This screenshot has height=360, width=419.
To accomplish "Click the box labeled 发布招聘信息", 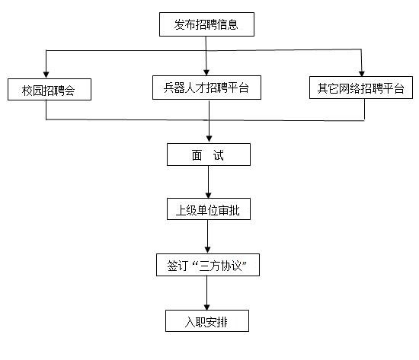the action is (x=206, y=24).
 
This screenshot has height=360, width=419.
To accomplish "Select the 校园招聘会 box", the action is (x=50, y=90).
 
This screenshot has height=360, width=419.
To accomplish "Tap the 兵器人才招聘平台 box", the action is (x=206, y=88).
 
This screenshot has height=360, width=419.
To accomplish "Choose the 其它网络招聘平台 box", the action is (x=361, y=88).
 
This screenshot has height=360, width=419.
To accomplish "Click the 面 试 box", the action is (x=209, y=155).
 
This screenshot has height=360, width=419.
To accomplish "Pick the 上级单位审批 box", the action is (x=209, y=209).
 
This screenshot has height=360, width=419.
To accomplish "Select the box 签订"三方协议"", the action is (x=208, y=265).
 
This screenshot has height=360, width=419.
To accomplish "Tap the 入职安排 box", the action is (x=207, y=321).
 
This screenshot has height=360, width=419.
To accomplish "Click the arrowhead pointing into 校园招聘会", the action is (x=46, y=75).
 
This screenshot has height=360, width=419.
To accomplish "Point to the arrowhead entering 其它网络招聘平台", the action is (x=362, y=73).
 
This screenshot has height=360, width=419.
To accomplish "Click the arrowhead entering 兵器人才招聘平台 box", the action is (x=206, y=72).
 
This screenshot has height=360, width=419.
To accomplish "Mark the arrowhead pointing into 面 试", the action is (x=209, y=139).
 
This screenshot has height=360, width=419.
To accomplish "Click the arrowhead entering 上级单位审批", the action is (x=209, y=195).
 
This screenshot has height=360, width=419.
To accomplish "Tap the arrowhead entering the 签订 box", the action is (x=208, y=250).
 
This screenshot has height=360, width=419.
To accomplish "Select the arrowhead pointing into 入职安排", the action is (x=206, y=307).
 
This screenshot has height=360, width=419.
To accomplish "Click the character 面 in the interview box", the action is (x=197, y=155).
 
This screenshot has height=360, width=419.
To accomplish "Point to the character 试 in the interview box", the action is (x=219, y=155).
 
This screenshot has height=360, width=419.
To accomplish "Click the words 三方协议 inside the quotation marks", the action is (x=220, y=266).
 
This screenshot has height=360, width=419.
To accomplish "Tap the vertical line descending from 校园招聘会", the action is (x=46, y=110).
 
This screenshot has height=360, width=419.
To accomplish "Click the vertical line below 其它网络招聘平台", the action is (x=364, y=110).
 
